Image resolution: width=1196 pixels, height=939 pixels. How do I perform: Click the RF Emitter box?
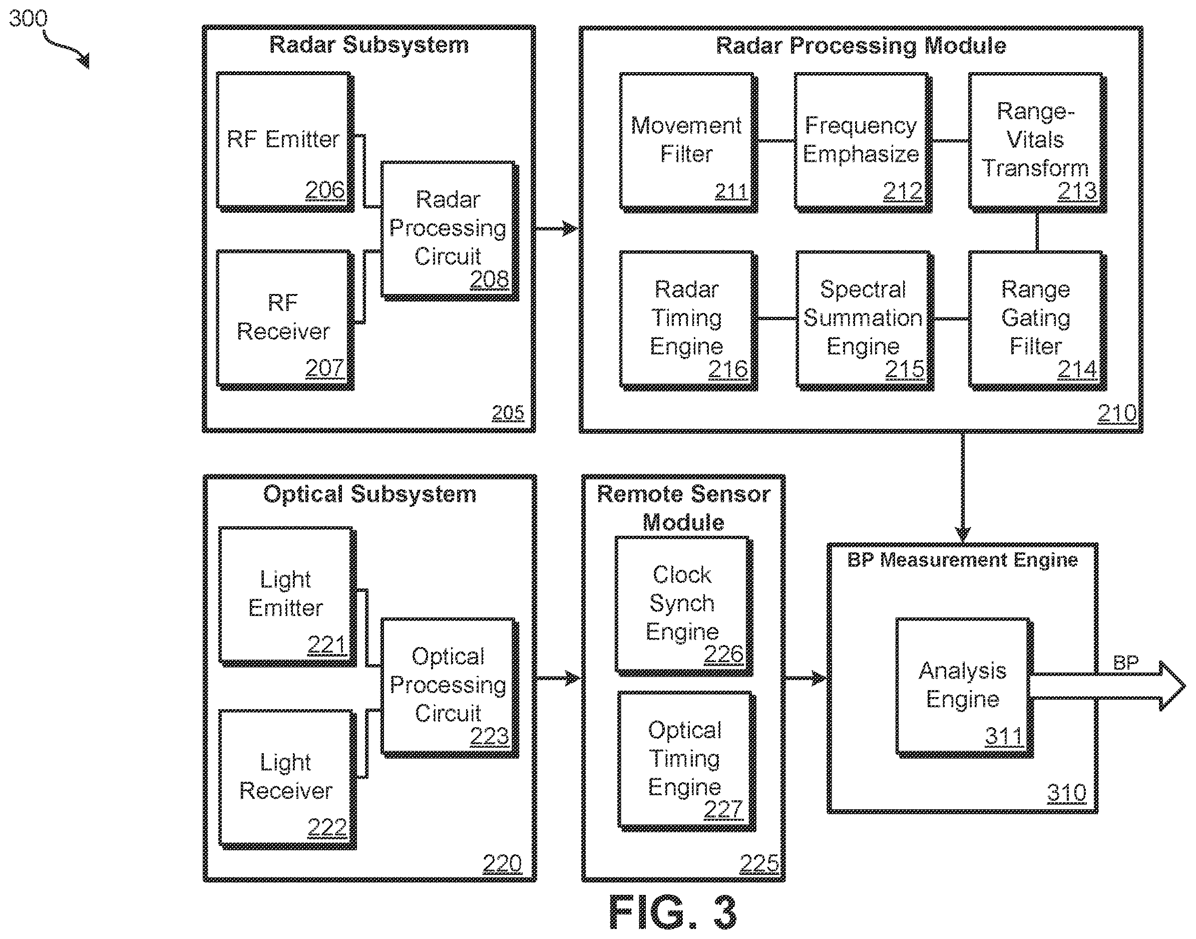point(285,142)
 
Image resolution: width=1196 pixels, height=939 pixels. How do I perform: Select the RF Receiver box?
point(285,320)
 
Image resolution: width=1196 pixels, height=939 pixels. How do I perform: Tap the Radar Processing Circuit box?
point(449,231)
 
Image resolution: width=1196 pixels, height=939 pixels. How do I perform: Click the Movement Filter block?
point(688,142)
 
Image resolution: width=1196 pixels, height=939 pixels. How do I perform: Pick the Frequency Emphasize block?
point(863,142)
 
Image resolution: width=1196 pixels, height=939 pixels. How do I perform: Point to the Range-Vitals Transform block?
point(1037,142)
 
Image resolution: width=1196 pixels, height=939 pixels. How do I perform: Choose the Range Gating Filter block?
point(1037,321)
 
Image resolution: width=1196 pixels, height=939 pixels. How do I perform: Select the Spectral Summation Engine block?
point(864,321)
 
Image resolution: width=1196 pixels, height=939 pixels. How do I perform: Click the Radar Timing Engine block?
point(688,321)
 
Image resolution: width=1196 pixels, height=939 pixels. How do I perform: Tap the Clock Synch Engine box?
point(684,606)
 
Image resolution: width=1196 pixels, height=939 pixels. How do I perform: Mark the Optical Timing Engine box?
point(686,761)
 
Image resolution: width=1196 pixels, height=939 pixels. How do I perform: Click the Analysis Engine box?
point(965,688)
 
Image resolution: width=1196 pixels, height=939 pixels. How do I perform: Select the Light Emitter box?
point(287,596)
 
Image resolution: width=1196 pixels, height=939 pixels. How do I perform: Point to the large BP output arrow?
point(1107,686)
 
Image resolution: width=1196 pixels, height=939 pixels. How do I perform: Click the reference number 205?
point(508,413)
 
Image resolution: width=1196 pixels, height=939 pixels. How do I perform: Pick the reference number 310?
point(1066,793)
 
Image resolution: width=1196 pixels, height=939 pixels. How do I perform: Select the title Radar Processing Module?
point(861,46)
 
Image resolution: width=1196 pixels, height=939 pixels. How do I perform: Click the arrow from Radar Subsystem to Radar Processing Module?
point(556,228)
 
